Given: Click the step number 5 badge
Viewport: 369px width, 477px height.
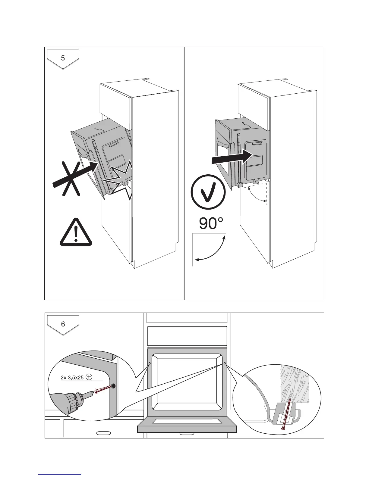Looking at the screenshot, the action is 63,58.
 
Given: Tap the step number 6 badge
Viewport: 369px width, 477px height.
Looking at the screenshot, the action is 63,324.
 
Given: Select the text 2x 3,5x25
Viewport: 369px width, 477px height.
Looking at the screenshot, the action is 72,377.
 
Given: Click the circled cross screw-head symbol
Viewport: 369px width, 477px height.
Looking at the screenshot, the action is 89,377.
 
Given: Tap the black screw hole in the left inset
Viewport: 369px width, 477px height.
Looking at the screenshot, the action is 114,386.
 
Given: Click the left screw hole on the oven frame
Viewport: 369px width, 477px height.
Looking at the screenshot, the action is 150,363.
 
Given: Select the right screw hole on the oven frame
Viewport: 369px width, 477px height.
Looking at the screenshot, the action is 225,363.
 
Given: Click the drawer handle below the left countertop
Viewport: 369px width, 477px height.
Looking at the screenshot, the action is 103,433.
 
